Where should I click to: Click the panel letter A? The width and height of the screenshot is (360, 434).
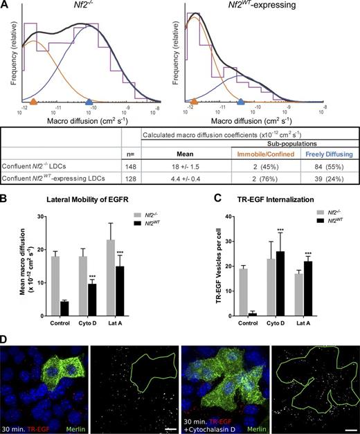(5, 6)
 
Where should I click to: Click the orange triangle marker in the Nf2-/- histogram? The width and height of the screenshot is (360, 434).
(34, 102)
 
